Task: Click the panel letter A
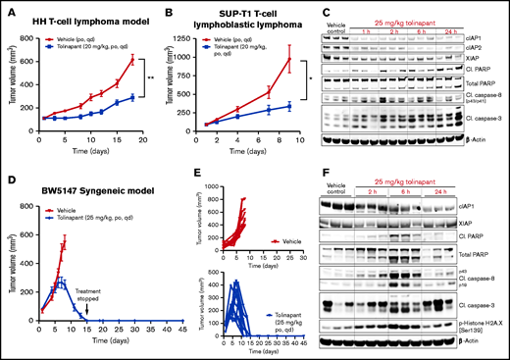[8, 9]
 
